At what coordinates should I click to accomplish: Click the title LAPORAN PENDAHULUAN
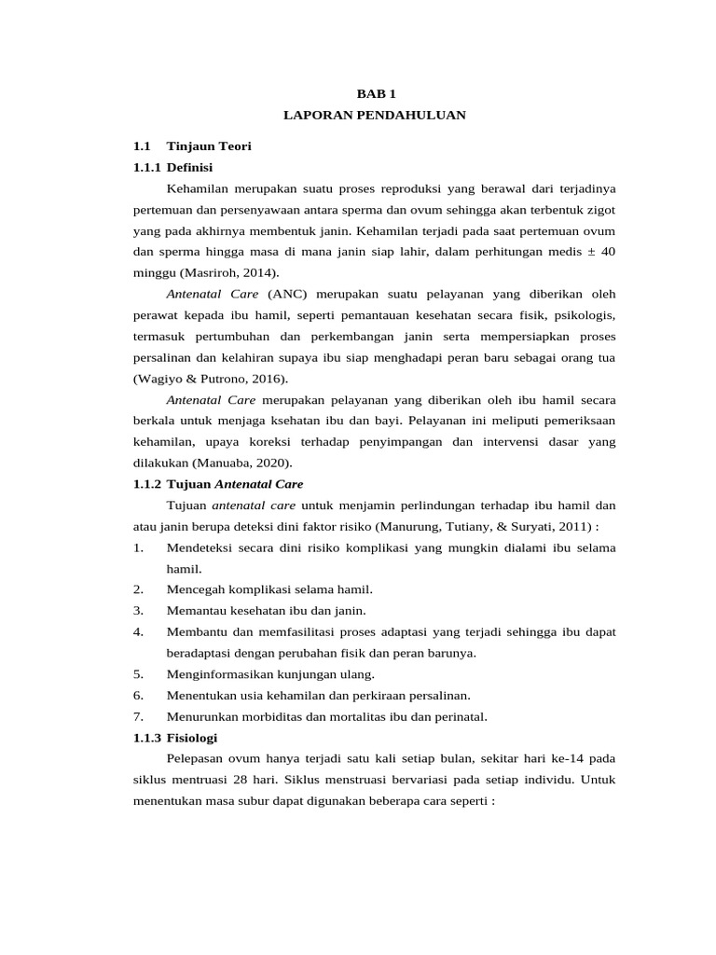(374, 115)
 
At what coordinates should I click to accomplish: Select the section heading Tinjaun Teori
(202, 146)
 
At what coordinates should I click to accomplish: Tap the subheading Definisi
(190, 168)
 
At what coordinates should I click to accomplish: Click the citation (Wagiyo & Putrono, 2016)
(211, 378)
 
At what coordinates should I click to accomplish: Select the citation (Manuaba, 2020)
(246, 463)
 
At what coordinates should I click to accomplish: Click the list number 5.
(138, 673)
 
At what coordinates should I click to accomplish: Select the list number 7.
(138, 716)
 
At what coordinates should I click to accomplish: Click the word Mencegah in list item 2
(193, 589)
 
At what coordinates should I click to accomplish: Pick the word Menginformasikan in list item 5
(216, 673)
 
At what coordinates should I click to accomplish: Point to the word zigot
(599, 210)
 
